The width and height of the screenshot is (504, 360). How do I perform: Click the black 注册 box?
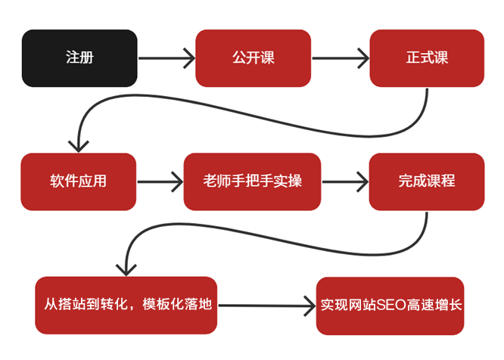tap(79, 58)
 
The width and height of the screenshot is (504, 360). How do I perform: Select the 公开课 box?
tap(253, 58)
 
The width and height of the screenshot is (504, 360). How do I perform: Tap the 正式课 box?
tap(427, 58)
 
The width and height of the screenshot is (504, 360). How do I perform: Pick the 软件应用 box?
tap(79, 182)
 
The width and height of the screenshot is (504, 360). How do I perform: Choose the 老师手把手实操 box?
tap(252, 182)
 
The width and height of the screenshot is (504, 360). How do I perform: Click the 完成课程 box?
tap(427, 182)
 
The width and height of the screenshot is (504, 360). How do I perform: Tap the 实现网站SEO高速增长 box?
tap(390, 305)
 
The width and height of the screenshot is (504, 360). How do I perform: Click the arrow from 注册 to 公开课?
tap(166, 58)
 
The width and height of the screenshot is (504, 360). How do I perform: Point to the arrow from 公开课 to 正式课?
tap(340, 58)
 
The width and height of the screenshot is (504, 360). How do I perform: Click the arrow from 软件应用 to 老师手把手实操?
tap(160, 182)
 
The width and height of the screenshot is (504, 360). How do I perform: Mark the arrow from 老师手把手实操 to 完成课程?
tap(345, 182)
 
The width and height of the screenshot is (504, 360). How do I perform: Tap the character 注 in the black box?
tap(71, 58)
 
